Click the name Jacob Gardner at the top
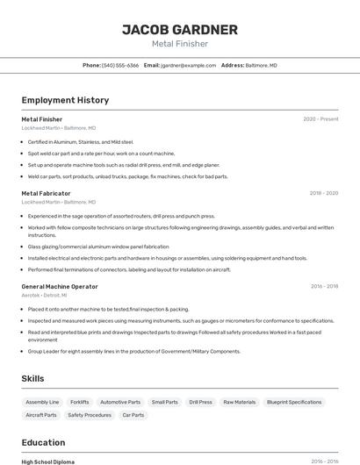pos(179,30)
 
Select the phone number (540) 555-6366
pos(120,65)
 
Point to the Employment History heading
pos(65,100)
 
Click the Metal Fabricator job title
pos(46,193)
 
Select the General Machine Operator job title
pos(60,286)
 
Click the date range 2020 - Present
pos(320,118)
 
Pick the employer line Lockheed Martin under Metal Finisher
pos(59,128)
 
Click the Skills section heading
pos(33,378)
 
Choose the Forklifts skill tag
pos(80,402)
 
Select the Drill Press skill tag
pos(200,402)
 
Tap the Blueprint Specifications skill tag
pos(294,402)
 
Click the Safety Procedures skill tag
pos(90,415)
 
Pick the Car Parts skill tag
pos(133,415)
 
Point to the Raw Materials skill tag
pos(240,402)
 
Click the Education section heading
pos(43,442)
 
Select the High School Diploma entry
pos(49,461)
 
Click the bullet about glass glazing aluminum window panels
pos(98,247)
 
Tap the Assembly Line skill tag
pos(42,402)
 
